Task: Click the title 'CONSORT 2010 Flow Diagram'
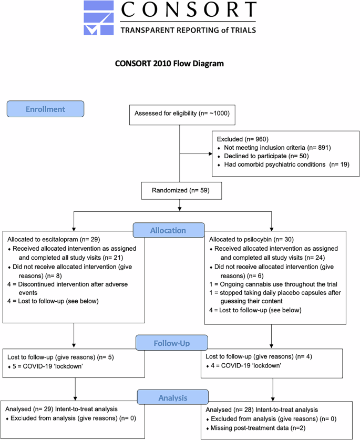point(169,64)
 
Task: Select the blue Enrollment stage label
point(45,109)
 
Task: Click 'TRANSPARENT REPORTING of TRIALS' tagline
point(188,30)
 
